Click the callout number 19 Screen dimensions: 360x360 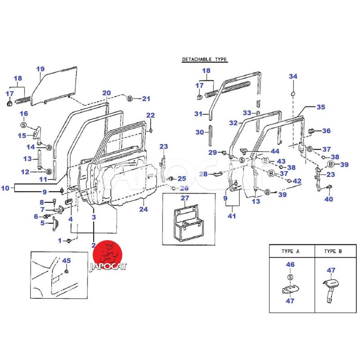(40, 69)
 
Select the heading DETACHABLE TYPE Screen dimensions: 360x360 (204, 59)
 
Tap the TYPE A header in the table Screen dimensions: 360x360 (290, 251)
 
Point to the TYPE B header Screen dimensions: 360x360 (340, 251)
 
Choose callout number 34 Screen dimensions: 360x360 (293, 76)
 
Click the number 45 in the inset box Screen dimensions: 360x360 (66, 261)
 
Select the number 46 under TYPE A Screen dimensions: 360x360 (290, 265)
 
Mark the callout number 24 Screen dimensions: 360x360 (144, 209)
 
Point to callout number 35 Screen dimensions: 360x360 (320, 107)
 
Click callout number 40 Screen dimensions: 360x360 (328, 199)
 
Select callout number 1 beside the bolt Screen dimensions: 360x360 (59, 241)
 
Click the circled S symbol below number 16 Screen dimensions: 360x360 (24, 125)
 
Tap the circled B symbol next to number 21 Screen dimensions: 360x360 (130, 99)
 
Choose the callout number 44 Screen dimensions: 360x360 (274, 151)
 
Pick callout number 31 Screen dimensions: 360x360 (199, 114)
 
